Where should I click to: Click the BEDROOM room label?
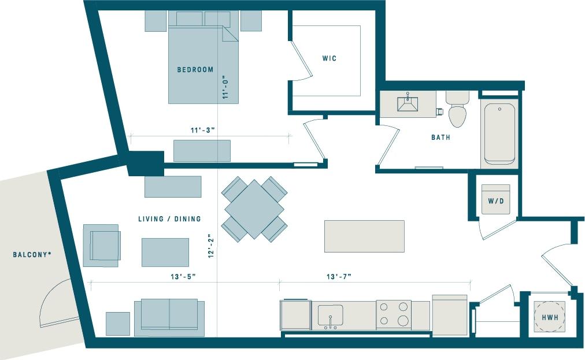point(195,70)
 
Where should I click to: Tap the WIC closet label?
point(329,58)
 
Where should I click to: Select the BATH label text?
point(440,138)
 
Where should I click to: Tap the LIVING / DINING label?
point(169,219)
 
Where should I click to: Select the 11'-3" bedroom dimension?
point(203,130)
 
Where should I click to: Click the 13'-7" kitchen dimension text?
point(339,277)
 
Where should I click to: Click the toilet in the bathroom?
point(457,109)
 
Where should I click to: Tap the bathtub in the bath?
point(499,133)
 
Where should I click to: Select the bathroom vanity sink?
point(408,103)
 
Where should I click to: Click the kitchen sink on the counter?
point(330,316)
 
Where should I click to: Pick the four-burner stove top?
point(393,314)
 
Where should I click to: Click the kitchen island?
point(364,236)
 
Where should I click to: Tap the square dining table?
point(254,209)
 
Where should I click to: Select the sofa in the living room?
point(169,316)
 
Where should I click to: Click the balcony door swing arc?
point(55,303)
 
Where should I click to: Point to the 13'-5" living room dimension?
point(184,277)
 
